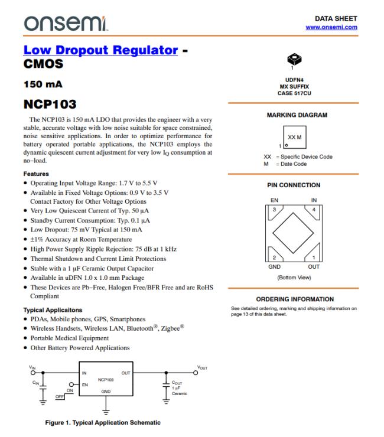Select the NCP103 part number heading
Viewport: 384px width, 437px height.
tap(50, 105)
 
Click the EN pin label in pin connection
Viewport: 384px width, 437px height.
tap(274, 201)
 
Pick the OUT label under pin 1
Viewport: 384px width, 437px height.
tap(314, 266)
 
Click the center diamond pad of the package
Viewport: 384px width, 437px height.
tap(294, 234)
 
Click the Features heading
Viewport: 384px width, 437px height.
tap(36, 174)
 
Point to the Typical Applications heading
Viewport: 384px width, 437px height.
tap(53, 310)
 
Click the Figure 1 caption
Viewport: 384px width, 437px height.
tap(102, 422)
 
